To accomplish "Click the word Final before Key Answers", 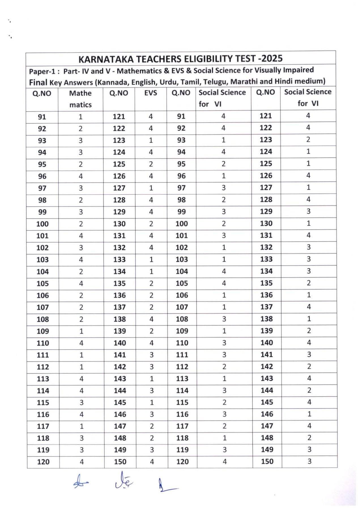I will pyautogui.click(x=38, y=82).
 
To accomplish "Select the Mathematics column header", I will pyautogui.click(x=80, y=99).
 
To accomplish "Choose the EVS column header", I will pyautogui.click(x=150, y=93).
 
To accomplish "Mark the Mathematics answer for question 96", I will pyautogui.click(x=81, y=176).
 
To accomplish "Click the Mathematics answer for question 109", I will pyautogui.click(x=81, y=331).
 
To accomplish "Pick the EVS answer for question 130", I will pyautogui.click(x=151, y=224).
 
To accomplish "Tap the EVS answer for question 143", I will pyautogui.click(x=152, y=379).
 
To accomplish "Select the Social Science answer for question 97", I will pyautogui.click(x=223, y=188).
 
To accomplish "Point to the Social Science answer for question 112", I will pyautogui.click(x=224, y=367).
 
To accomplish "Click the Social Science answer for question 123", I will pyautogui.click(x=308, y=139).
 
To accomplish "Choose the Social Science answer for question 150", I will pyautogui.click(x=309, y=461).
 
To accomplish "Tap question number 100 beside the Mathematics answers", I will pyautogui.click(x=42, y=224).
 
